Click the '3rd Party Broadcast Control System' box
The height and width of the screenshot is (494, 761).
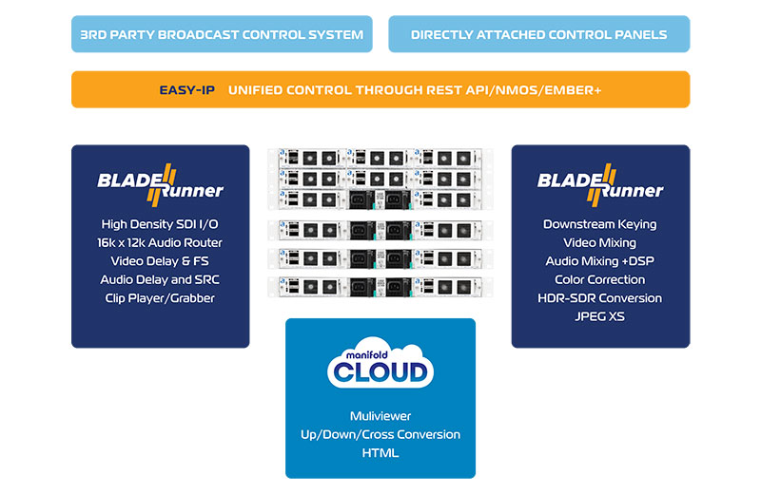pos(222,34)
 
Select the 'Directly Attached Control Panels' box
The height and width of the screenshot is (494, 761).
pos(538,34)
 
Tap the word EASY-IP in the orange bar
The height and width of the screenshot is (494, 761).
pos(186,90)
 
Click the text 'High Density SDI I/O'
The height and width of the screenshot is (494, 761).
pos(160,224)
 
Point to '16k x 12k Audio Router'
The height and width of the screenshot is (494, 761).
pos(160,242)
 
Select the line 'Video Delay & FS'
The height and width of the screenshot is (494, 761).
pos(160,261)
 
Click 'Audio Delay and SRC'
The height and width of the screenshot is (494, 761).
pos(160,279)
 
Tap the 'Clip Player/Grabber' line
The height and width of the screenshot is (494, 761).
pos(160,297)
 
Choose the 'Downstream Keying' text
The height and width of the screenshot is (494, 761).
pos(600,224)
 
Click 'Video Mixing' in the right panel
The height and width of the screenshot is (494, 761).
pos(600,242)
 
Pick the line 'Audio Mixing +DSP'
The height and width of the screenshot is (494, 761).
pos(600,261)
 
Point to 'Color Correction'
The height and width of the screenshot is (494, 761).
pos(600,279)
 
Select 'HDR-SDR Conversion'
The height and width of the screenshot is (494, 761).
pos(600,297)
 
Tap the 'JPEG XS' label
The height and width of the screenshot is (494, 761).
pos(600,315)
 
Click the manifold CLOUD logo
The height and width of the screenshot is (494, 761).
pos(380,365)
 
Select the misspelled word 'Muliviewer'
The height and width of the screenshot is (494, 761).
pos(380,416)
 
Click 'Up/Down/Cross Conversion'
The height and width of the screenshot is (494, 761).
pos(380,434)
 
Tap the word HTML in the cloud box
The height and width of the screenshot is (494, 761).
pos(380,452)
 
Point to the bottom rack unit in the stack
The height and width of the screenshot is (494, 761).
pos(380,285)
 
